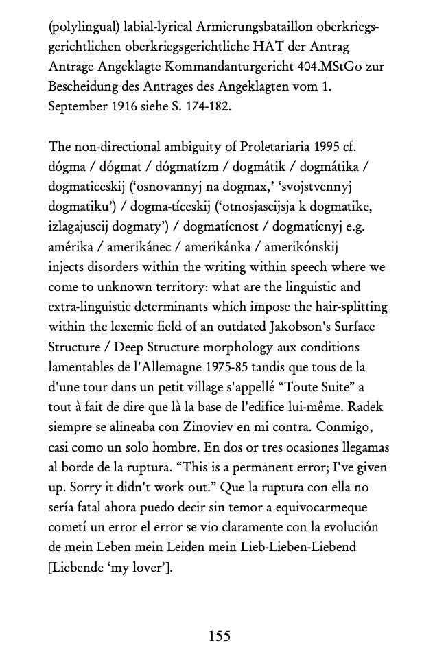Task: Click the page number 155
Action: click(x=220, y=636)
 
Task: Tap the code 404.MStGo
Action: click(x=312, y=68)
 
